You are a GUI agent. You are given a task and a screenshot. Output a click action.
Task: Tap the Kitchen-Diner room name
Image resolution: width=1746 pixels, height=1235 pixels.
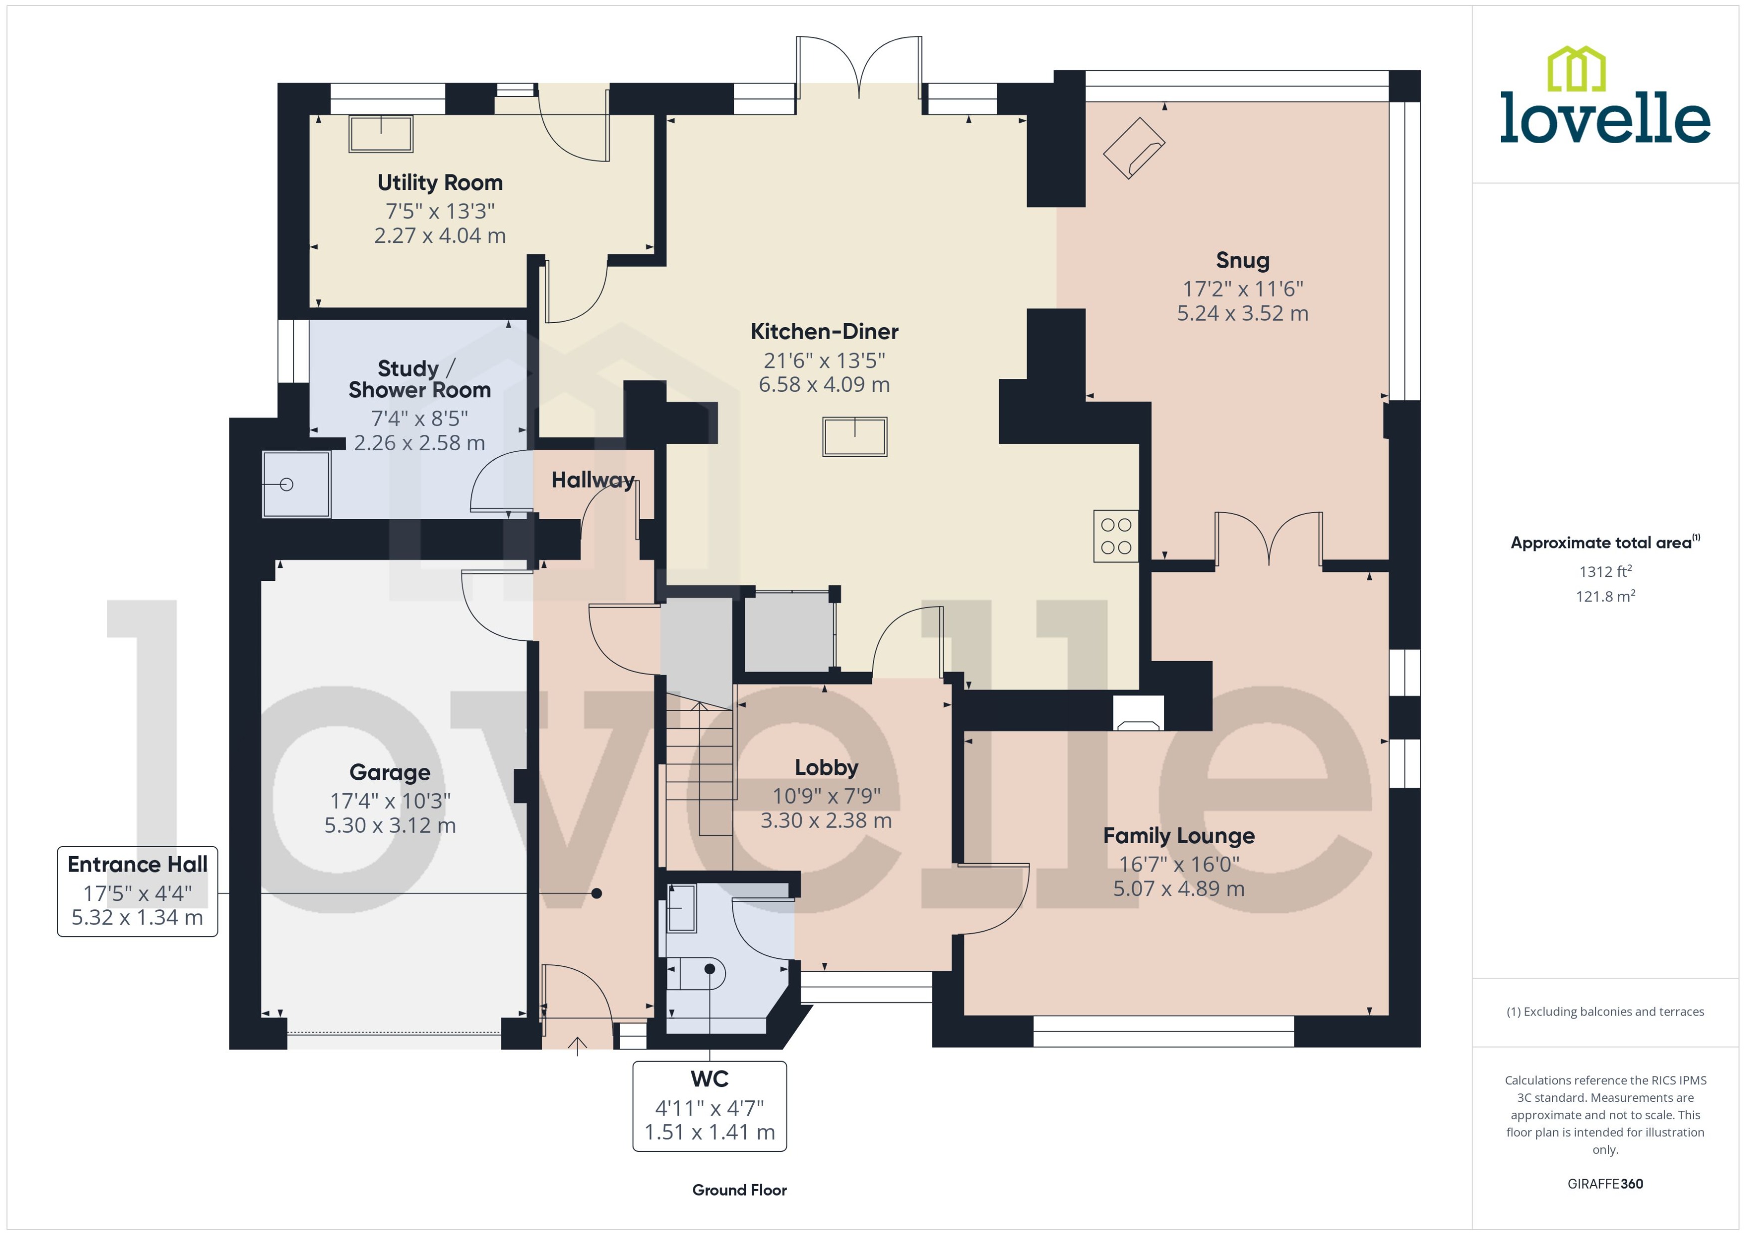[824, 332]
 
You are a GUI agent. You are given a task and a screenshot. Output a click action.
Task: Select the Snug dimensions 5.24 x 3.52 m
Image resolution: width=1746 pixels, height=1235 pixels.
[1242, 313]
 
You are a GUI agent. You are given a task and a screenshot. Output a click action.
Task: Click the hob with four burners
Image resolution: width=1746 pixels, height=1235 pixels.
[1115, 536]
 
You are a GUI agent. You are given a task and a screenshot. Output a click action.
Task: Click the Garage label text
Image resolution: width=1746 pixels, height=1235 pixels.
[390, 773]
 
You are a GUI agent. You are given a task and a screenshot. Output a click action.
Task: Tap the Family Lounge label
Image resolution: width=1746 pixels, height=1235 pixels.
[1178, 836]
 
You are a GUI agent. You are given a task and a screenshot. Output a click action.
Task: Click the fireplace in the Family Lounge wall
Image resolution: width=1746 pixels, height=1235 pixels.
[1137, 714]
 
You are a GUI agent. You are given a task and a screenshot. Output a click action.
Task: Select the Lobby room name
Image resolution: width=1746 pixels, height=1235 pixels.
[826, 767]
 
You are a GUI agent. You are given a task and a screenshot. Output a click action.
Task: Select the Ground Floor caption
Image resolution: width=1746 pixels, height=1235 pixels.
[739, 1190]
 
